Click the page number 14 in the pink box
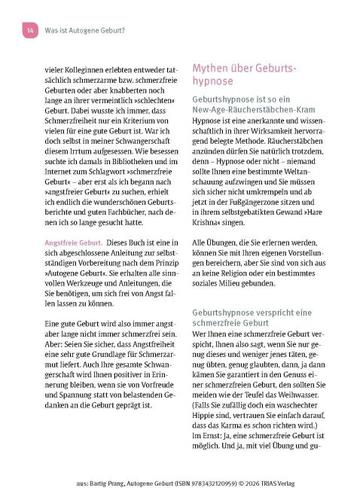tap(29, 30)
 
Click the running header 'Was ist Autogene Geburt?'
tap(83, 30)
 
